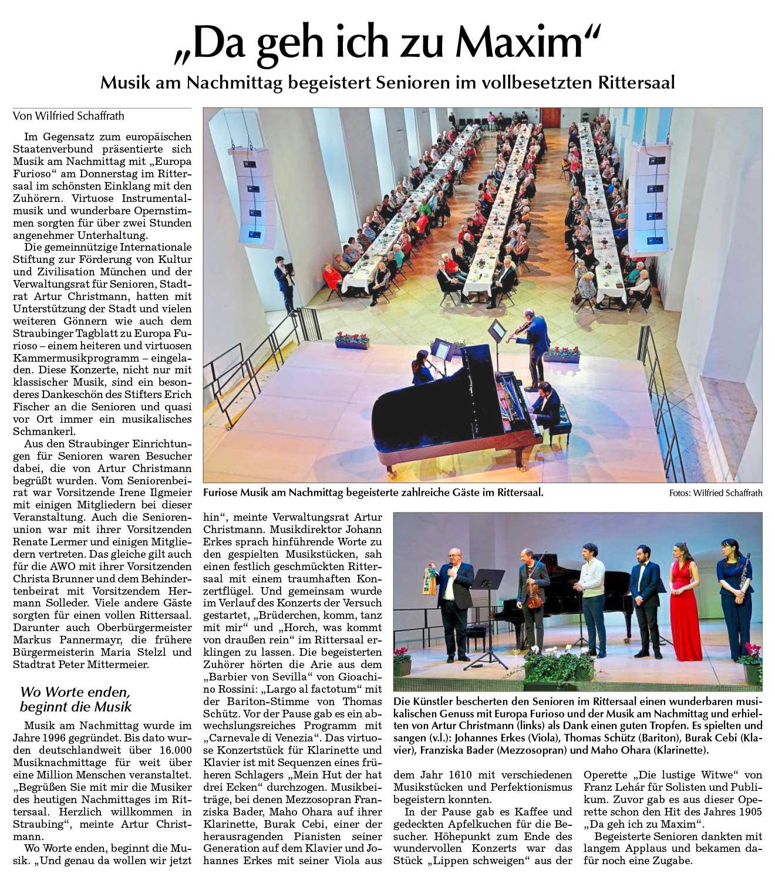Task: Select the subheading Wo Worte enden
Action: tap(75, 692)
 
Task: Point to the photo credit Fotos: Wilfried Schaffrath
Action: tap(715, 493)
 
